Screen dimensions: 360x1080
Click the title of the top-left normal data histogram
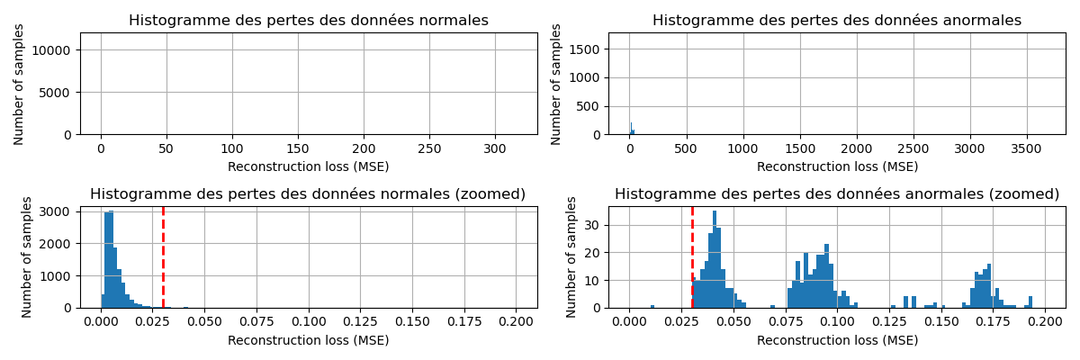(x=309, y=21)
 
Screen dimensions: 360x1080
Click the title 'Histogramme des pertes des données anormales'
(x=837, y=21)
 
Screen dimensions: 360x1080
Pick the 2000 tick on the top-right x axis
(x=857, y=149)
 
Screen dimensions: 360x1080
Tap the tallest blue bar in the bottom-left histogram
(x=111, y=261)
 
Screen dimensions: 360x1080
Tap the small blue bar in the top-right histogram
(x=631, y=129)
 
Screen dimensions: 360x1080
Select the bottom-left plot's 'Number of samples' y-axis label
(x=27, y=256)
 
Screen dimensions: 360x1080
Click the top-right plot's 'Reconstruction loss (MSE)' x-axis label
(x=837, y=166)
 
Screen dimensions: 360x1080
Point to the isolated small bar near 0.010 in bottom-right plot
(x=652, y=306)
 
